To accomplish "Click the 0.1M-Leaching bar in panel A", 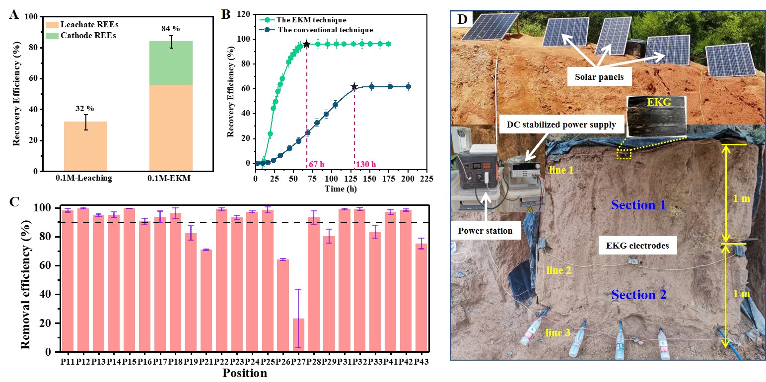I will tap(86, 146).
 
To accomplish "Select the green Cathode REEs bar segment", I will tap(171, 63).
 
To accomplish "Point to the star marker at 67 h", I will tap(306, 44).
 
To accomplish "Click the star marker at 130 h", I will tap(354, 87).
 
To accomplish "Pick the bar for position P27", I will tap(298, 335).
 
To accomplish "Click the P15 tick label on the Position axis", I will tap(129, 363).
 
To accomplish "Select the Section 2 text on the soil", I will tap(638, 295).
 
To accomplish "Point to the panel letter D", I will tap(462, 19).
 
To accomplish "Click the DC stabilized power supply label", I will tap(560, 125).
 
